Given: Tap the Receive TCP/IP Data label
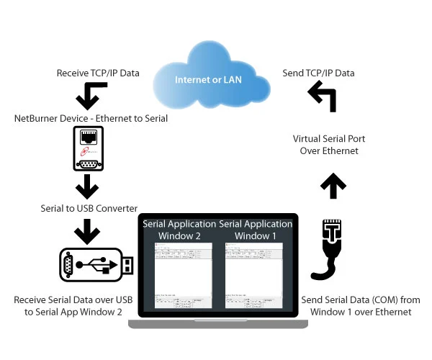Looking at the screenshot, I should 98,73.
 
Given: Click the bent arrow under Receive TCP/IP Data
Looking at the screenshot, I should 91,94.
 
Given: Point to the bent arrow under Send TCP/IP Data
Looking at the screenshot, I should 323,96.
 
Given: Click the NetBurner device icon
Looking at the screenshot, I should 88,148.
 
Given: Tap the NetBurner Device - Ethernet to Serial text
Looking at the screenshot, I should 91,118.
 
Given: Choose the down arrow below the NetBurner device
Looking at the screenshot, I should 87,186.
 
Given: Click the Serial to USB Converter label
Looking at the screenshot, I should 89,208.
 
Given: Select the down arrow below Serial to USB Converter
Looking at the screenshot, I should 87,231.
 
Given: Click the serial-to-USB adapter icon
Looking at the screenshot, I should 96,265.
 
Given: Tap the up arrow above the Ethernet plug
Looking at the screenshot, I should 333,186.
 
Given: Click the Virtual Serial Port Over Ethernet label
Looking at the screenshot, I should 329,145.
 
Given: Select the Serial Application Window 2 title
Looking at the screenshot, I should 179,230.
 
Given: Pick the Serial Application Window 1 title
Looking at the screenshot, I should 256,230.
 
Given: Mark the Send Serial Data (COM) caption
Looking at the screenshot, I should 361,305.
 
